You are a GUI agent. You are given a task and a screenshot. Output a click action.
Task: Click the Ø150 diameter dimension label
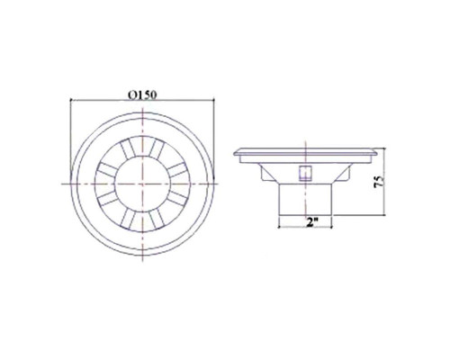pos(142,94)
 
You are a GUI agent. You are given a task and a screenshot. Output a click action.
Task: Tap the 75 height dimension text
pos(379,182)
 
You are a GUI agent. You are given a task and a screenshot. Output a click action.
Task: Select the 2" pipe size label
pos(312,222)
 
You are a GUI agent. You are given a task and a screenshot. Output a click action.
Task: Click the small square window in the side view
pos(305,173)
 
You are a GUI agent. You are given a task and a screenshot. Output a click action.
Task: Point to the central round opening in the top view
pos(142,184)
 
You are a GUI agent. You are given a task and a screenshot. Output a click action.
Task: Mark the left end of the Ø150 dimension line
pos(70,101)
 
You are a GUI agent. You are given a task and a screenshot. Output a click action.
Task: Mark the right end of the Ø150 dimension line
pos(214,101)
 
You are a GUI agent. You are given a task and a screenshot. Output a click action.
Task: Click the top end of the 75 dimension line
pos(384,148)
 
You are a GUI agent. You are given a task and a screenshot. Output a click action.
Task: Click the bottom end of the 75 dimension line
pos(384,215)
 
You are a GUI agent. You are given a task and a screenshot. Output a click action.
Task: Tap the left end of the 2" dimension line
pos(279,227)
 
